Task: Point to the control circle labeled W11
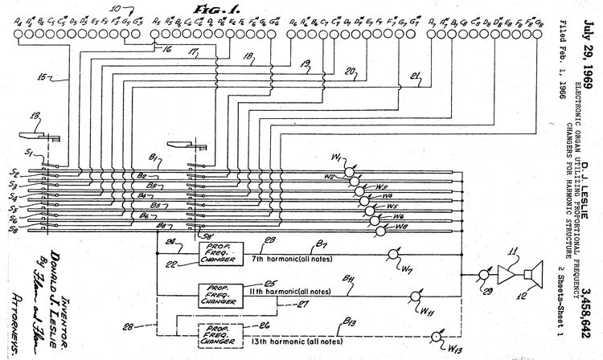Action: coord(416,294)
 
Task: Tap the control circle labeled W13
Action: coord(436,336)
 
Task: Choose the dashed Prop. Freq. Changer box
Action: coord(215,333)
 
